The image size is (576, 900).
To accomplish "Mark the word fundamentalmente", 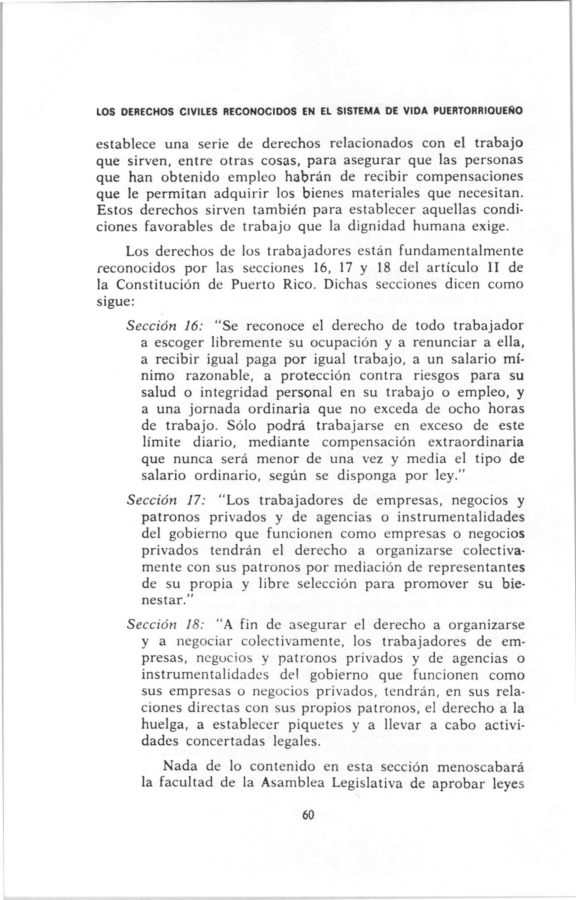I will (x=460, y=251).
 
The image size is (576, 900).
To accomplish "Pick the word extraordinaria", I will (x=476, y=442).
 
